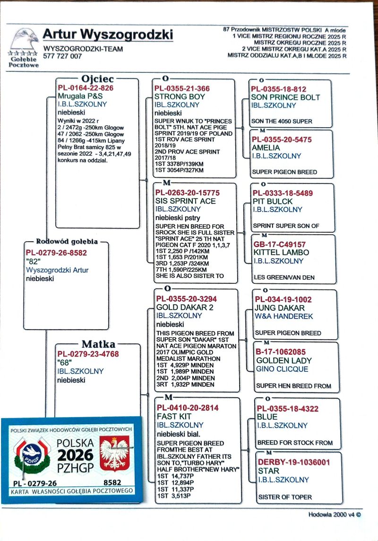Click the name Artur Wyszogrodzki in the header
pyautogui.click(x=108, y=35)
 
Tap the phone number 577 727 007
pyautogui.click(x=62, y=56)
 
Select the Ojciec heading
pyautogui.click(x=97, y=79)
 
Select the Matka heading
pyautogui.click(x=98, y=344)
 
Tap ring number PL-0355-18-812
pyautogui.click(x=278, y=89)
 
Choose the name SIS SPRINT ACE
pyautogui.click(x=185, y=201)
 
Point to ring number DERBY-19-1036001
pyautogui.click(x=293, y=462)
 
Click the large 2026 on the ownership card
pyautogui.click(x=76, y=455)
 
